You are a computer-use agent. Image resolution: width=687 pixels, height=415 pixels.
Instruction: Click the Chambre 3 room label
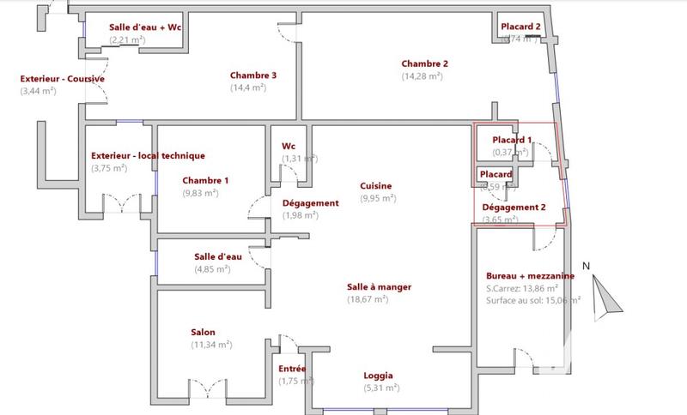(x=253, y=75)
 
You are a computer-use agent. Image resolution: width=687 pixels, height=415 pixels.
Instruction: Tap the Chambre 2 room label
(x=425, y=63)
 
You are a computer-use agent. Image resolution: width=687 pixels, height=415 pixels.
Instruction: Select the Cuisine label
(x=376, y=186)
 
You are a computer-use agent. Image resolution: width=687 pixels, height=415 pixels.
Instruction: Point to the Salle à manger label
(x=367, y=287)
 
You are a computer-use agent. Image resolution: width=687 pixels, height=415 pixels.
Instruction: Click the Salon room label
(x=204, y=333)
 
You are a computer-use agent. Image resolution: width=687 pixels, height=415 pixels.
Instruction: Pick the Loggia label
(x=379, y=376)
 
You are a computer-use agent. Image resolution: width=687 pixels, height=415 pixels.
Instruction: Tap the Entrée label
(x=292, y=369)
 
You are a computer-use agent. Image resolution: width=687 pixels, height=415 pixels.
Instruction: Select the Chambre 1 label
(x=205, y=180)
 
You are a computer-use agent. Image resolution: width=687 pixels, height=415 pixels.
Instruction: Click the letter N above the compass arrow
(x=585, y=267)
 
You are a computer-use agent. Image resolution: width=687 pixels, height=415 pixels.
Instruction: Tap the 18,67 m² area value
(x=367, y=299)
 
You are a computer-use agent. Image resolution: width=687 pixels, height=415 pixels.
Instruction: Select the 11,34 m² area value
(x=211, y=345)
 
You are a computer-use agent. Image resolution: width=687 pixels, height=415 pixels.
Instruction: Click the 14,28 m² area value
(x=422, y=76)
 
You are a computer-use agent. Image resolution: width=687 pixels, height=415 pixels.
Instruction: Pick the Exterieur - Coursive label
(x=63, y=79)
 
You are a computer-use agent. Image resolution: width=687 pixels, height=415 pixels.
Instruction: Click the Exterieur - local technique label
(x=148, y=156)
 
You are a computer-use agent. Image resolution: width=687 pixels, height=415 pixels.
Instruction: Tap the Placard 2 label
(x=521, y=27)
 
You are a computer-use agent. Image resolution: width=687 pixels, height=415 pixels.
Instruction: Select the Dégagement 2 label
(x=514, y=207)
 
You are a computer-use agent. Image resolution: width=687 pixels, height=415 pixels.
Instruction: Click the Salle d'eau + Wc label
(x=146, y=27)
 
